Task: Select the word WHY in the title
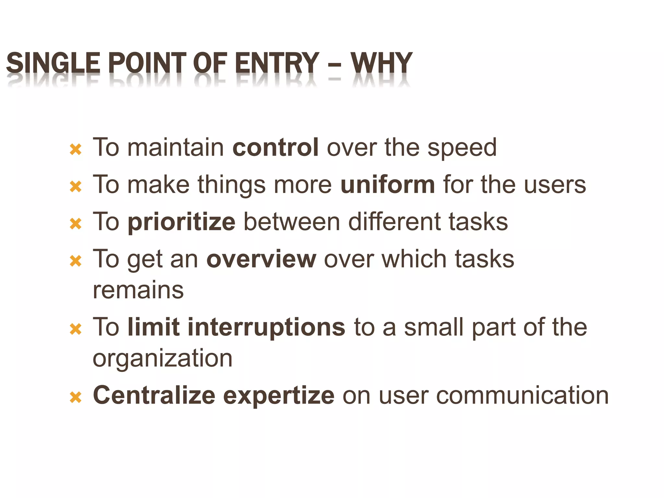[x=381, y=63]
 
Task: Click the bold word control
[x=276, y=148]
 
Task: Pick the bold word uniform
[x=387, y=184]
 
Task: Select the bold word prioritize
[x=182, y=222]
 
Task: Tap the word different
[x=394, y=222]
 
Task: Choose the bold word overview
[x=261, y=259]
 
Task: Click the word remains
[x=138, y=290]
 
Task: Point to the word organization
[x=162, y=359]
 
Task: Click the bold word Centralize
[x=154, y=395]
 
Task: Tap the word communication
[x=522, y=396]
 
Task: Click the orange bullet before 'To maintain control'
[x=76, y=149]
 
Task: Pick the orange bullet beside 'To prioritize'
[x=76, y=224]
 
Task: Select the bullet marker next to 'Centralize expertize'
[x=76, y=397]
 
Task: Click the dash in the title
[x=335, y=64]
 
